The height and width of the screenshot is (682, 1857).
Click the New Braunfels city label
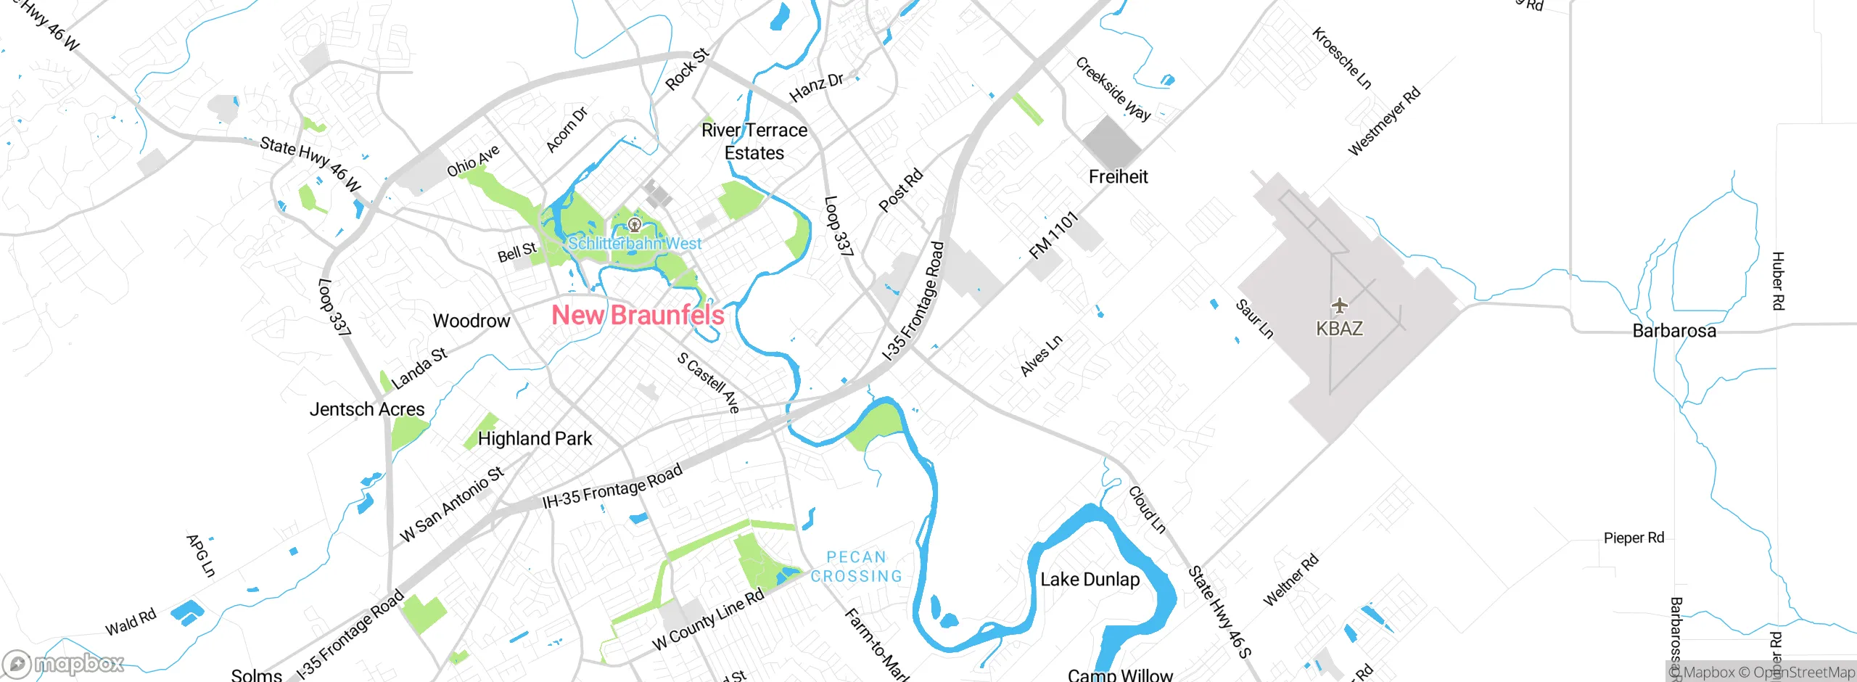pos(638,315)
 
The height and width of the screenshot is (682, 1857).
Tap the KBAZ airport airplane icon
pos(1339,305)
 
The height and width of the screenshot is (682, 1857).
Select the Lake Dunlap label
pos(1090,579)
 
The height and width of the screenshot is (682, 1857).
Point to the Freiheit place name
pos(1118,176)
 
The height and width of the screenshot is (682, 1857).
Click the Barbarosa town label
pos(1673,331)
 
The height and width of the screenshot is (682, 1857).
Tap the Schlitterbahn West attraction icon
pos(635,224)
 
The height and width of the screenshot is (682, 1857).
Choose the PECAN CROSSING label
pos(856,567)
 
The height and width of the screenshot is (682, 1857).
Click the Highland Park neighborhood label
pos(535,438)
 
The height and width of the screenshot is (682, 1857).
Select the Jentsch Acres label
pos(367,409)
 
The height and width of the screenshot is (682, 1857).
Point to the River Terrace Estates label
pos(754,141)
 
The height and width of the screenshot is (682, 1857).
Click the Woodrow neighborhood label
pos(472,321)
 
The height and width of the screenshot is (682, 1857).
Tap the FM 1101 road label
pos(1054,235)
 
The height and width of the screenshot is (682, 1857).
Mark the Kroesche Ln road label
pos(1341,58)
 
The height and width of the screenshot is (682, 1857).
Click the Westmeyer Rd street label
pos(1383,121)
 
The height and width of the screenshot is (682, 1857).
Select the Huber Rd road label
pos(1777,281)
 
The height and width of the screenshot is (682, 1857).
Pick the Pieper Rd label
pos(1634,538)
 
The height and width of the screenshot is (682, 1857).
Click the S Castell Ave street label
pos(708,382)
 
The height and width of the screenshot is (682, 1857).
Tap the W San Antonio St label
pos(451,505)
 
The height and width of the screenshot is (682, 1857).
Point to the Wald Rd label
pos(131,623)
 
